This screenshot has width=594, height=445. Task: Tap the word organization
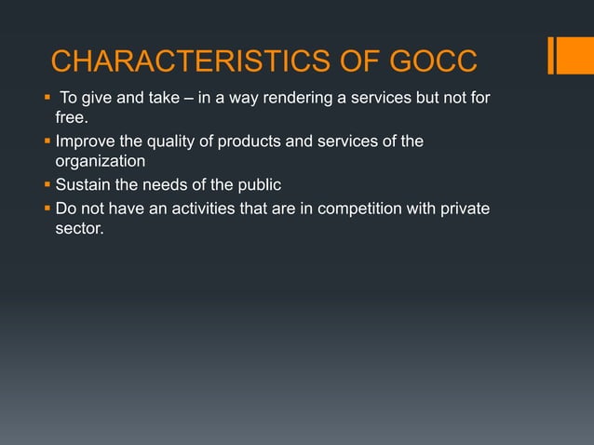click(100, 162)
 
